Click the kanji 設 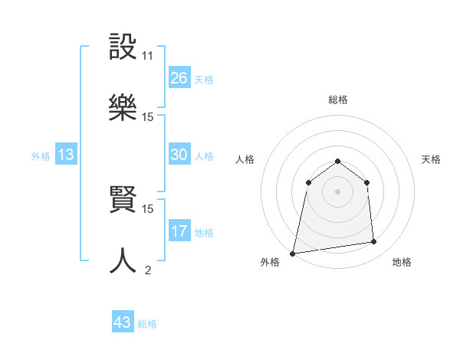click(x=123, y=47)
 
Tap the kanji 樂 click(x=123, y=109)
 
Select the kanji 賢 click(x=123, y=200)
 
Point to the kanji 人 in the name click(x=123, y=261)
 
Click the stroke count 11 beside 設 click(x=147, y=56)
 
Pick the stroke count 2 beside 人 click(x=147, y=270)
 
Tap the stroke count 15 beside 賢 click(x=147, y=208)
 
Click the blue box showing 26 click(x=179, y=77)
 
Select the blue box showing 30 click(x=179, y=155)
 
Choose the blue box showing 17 click(x=179, y=231)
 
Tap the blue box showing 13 click(x=66, y=155)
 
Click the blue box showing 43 click(x=123, y=322)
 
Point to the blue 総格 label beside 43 click(x=147, y=324)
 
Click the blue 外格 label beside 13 click(x=41, y=156)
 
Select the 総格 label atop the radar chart click(x=337, y=100)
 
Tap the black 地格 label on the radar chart click(x=402, y=262)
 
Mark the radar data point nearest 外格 click(x=293, y=253)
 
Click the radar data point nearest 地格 click(x=374, y=242)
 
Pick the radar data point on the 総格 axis click(x=337, y=161)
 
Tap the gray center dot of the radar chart click(x=337, y=191)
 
